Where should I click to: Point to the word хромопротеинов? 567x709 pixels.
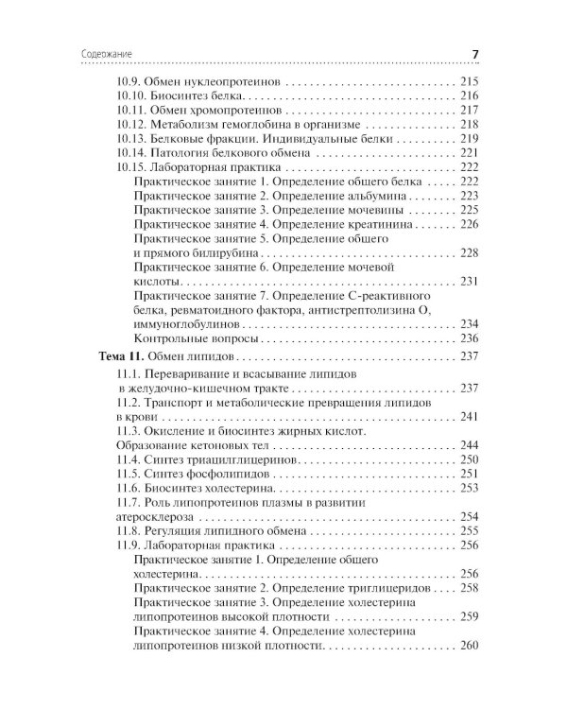pyautogui.click(x=211, y=111)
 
